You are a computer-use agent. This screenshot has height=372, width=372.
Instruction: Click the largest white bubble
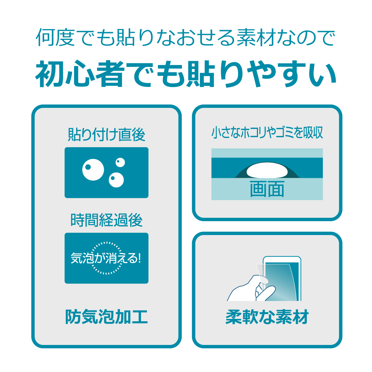93,169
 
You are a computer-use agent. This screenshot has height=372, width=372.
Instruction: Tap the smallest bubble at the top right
120,162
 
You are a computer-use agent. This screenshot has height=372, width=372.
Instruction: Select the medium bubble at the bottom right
116,180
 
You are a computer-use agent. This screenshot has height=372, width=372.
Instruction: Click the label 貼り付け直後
107,135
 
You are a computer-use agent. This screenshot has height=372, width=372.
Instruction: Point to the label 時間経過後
107,220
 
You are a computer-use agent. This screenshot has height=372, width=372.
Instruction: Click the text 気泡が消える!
106,258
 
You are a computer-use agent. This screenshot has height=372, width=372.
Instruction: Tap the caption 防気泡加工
106,317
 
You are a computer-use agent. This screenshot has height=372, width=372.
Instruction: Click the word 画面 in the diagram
267,189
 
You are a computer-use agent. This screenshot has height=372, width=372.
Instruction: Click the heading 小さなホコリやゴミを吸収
267,133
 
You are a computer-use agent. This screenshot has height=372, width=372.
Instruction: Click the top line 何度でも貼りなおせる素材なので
186,37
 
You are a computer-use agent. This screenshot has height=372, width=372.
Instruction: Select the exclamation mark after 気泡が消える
139,258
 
